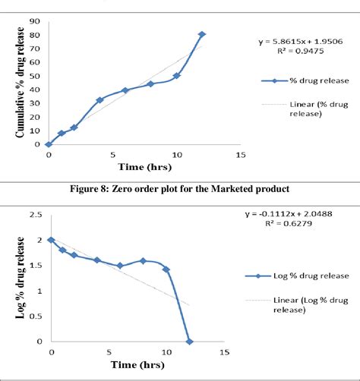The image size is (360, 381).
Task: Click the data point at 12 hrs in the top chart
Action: pos(202,34)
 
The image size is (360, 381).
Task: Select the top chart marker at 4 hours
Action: pos(99,99)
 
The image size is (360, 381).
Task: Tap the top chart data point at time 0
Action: pos(49,143)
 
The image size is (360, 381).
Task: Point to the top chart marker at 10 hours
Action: pos(176,76)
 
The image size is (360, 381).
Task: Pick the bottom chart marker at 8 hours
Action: pos(143,260)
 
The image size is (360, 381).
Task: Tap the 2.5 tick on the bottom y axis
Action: pos(34,215)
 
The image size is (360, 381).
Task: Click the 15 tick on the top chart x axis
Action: pos(241,155)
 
